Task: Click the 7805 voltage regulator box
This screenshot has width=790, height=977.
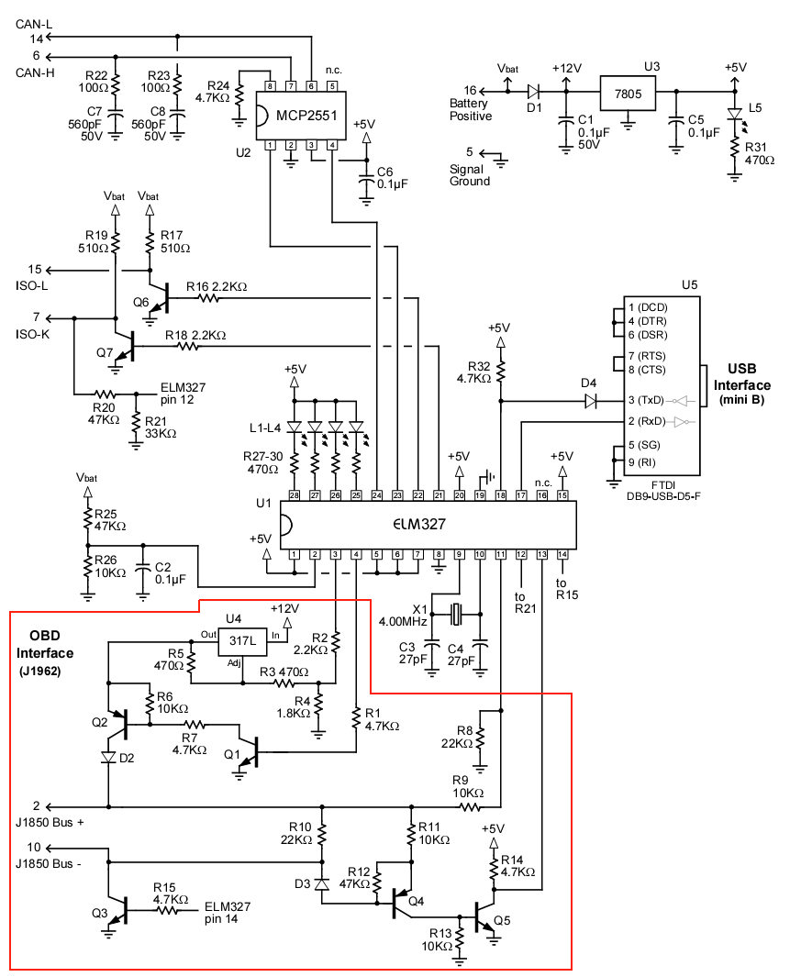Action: click(628, 94)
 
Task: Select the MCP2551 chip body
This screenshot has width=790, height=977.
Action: click(302, 116)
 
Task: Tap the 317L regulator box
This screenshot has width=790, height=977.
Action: click(241, 640)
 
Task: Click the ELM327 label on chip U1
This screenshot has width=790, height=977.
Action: click(419, 525)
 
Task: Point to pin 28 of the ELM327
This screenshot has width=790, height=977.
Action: click(294, 495)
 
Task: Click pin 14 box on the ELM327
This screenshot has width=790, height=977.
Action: click(562, 554)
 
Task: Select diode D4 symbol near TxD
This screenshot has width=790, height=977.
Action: click(590, 401)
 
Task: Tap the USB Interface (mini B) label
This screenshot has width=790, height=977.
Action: click(741, 384)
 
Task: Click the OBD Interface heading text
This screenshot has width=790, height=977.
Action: click(45, 644)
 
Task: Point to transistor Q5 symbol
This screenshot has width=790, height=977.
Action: click(485, 917)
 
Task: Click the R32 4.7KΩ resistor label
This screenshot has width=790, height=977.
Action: click(479, 372)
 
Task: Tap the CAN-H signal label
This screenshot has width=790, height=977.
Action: click(35, 72)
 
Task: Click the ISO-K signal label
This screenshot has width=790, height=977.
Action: click(32, 335)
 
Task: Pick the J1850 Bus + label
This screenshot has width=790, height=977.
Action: click(50, 823)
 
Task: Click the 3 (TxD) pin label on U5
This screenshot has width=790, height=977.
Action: click(646, 400)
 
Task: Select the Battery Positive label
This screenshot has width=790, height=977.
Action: click(471, 110)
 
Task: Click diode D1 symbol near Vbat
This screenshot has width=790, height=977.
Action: click(533, 92)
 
